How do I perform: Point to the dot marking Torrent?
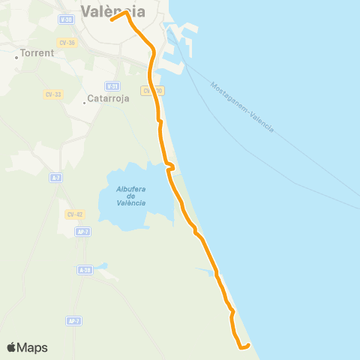(16, 57)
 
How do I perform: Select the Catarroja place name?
(109, 97)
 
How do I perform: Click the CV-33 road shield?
(52, 94)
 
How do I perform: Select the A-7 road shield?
(55, 177)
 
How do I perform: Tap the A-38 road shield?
(85, 269)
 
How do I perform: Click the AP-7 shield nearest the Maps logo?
(73, 320)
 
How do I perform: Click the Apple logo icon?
(12, 346)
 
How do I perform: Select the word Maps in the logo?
(33, 347)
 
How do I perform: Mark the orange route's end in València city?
(112, 19)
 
